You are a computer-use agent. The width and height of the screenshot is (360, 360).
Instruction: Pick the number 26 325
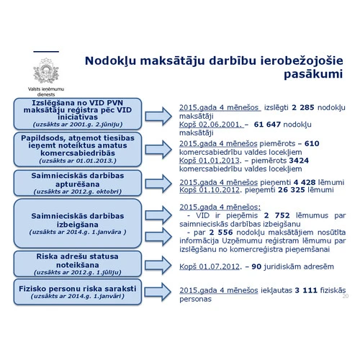pyautogui.click(x=293, y=193)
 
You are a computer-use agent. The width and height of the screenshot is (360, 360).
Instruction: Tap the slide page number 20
pyautogui.click(x=346, y=296)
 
